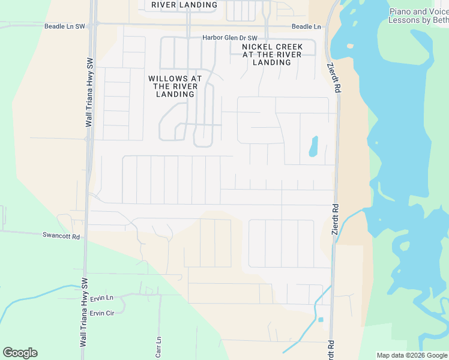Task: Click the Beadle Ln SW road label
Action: [65, 27]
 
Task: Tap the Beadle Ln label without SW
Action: [306, 27]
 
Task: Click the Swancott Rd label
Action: [61, 236]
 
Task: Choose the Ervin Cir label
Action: [101, 313]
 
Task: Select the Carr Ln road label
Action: [159, 347]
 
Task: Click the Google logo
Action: [20, 353]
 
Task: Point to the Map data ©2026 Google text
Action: [412, 355]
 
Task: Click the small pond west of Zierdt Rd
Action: [313, 146]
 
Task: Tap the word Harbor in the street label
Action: [213, 38]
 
